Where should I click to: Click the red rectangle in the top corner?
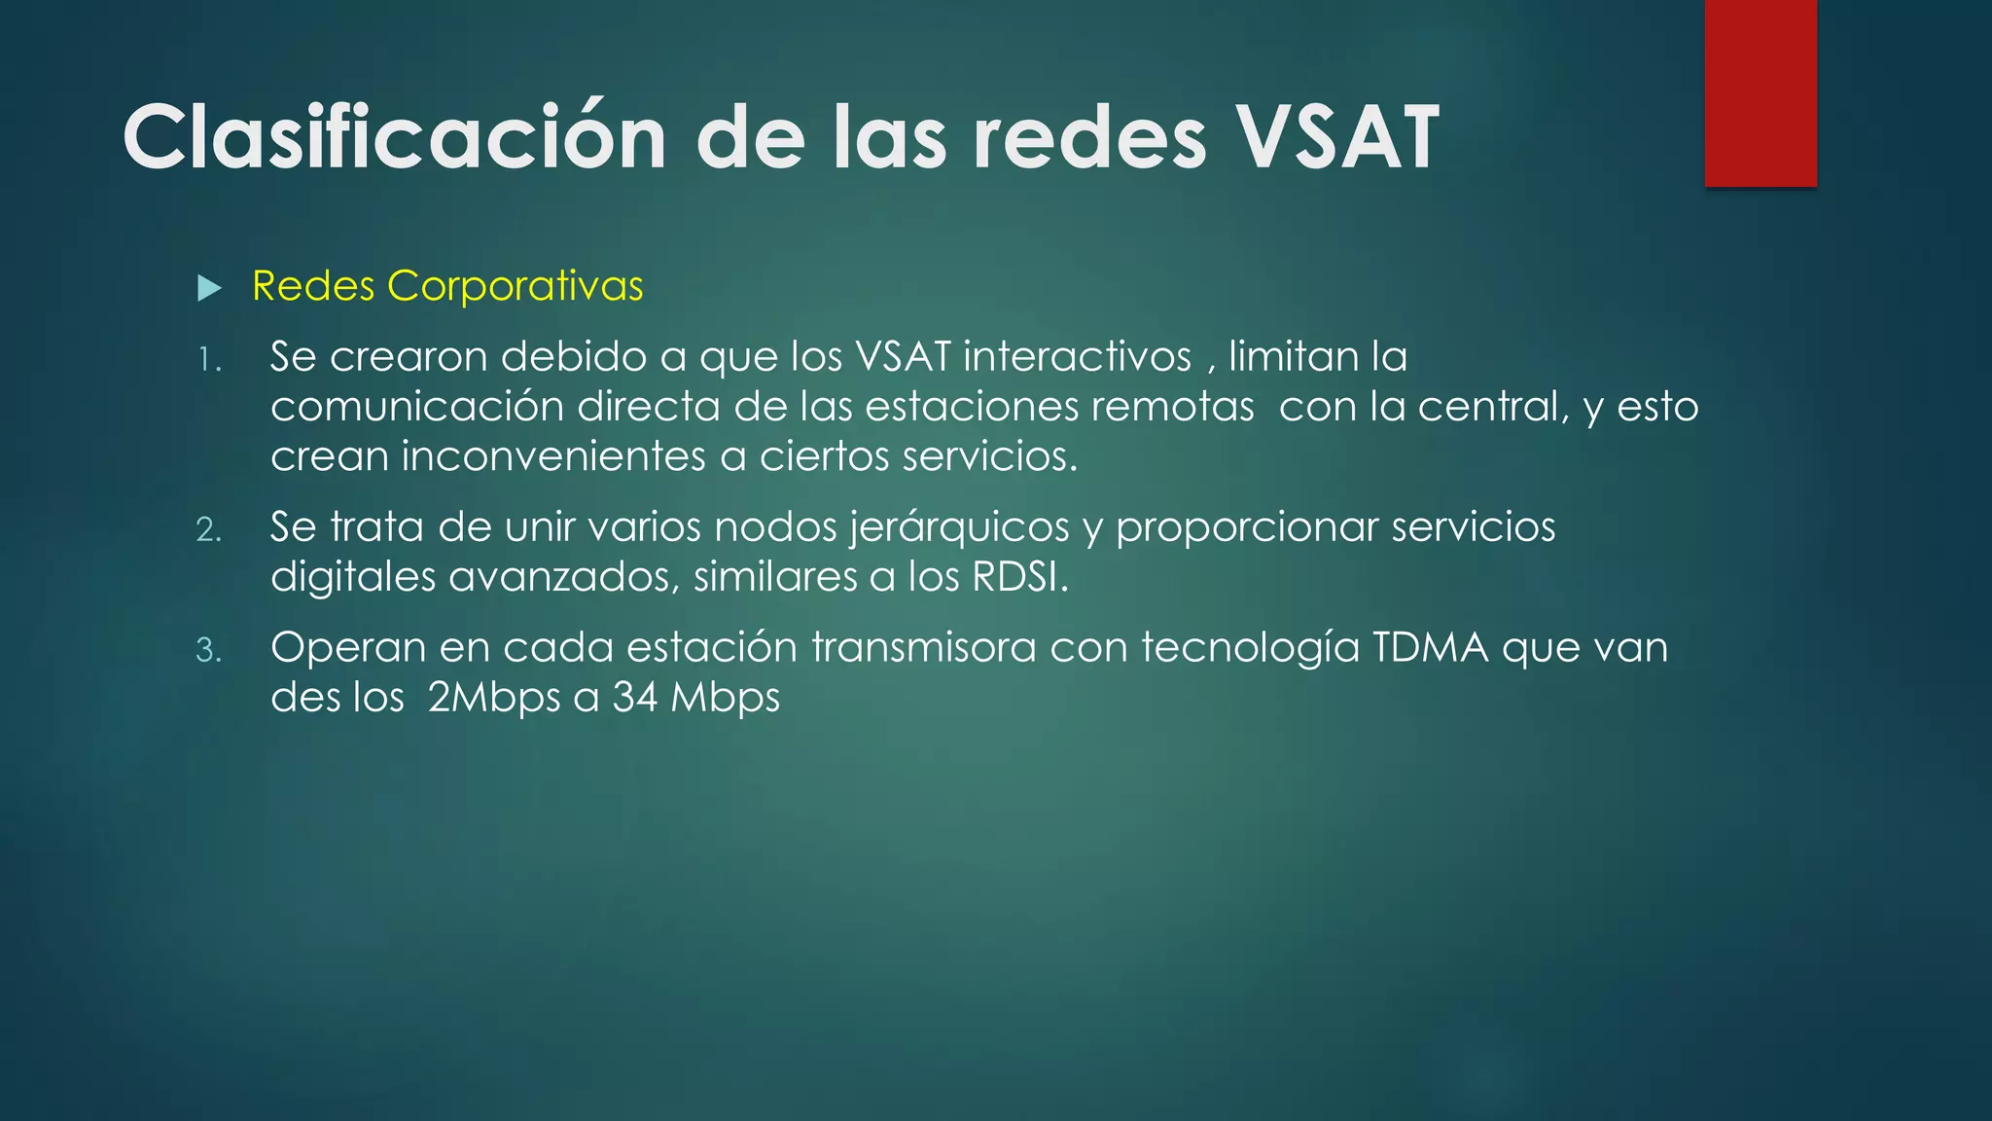[1761, 93]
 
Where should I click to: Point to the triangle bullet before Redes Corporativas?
[209, 288]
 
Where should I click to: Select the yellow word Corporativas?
[515, 286]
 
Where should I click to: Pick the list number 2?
[208, 530]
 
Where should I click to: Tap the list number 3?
[208, 650]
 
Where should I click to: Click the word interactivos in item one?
[1077, 356]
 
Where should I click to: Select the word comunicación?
[417, 407]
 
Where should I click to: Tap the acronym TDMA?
[1430, 647]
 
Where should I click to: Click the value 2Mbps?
[494, 698]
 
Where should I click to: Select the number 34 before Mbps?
[635, 698]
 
